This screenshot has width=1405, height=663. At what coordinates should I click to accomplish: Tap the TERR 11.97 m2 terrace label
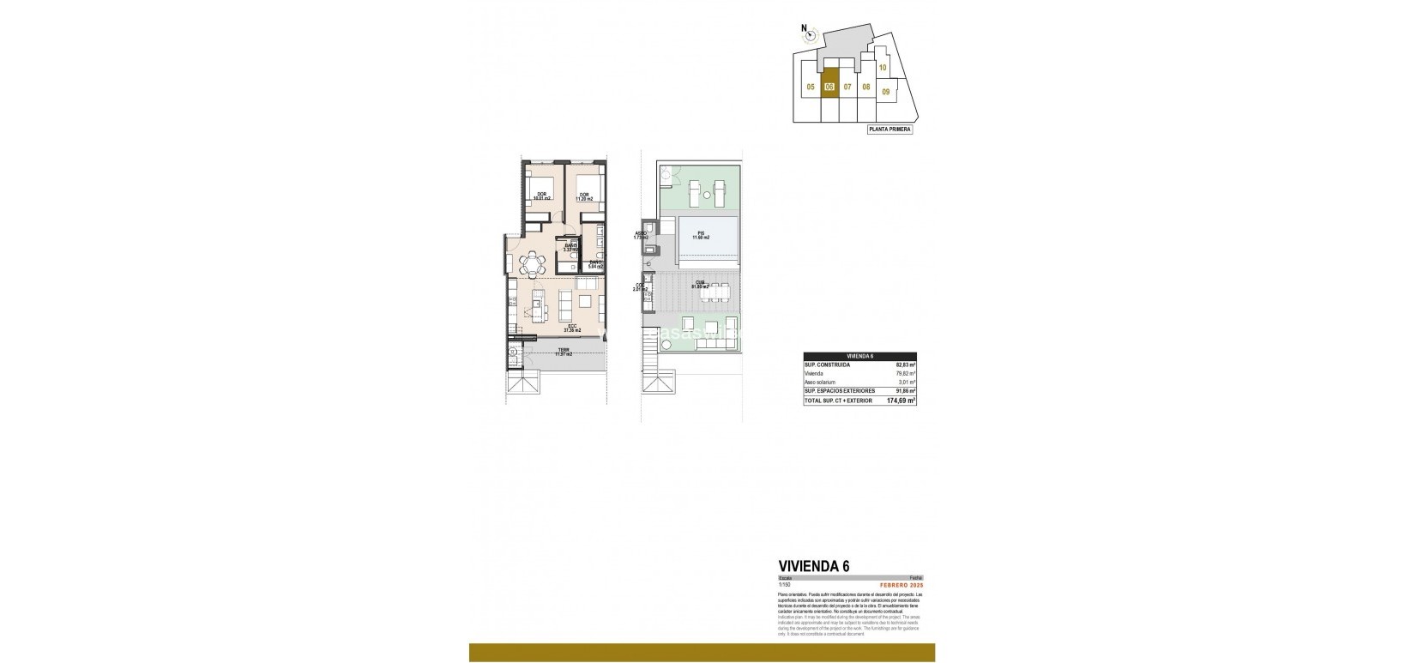coord(564,352)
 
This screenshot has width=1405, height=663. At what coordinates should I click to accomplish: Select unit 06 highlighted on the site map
coord(829,87)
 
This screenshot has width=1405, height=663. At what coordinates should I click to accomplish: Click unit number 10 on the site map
coord(883,67)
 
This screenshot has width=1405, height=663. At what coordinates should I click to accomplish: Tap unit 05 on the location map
coord(810,87)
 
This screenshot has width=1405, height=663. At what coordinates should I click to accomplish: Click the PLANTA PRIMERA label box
coord(889,130)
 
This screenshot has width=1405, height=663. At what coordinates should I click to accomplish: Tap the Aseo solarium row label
coord(819,382)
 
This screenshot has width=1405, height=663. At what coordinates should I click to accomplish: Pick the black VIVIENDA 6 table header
coord(859,356)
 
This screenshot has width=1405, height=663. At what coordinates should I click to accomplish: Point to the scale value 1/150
coord(783,584)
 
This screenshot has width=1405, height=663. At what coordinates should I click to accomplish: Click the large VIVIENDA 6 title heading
coord(813,566)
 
